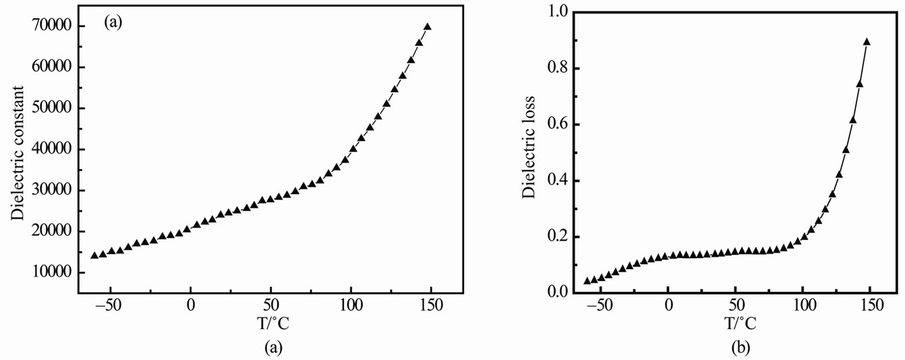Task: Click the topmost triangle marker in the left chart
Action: point(428,27)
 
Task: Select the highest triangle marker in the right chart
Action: point(867,42)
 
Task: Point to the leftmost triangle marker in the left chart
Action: point(94,255)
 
